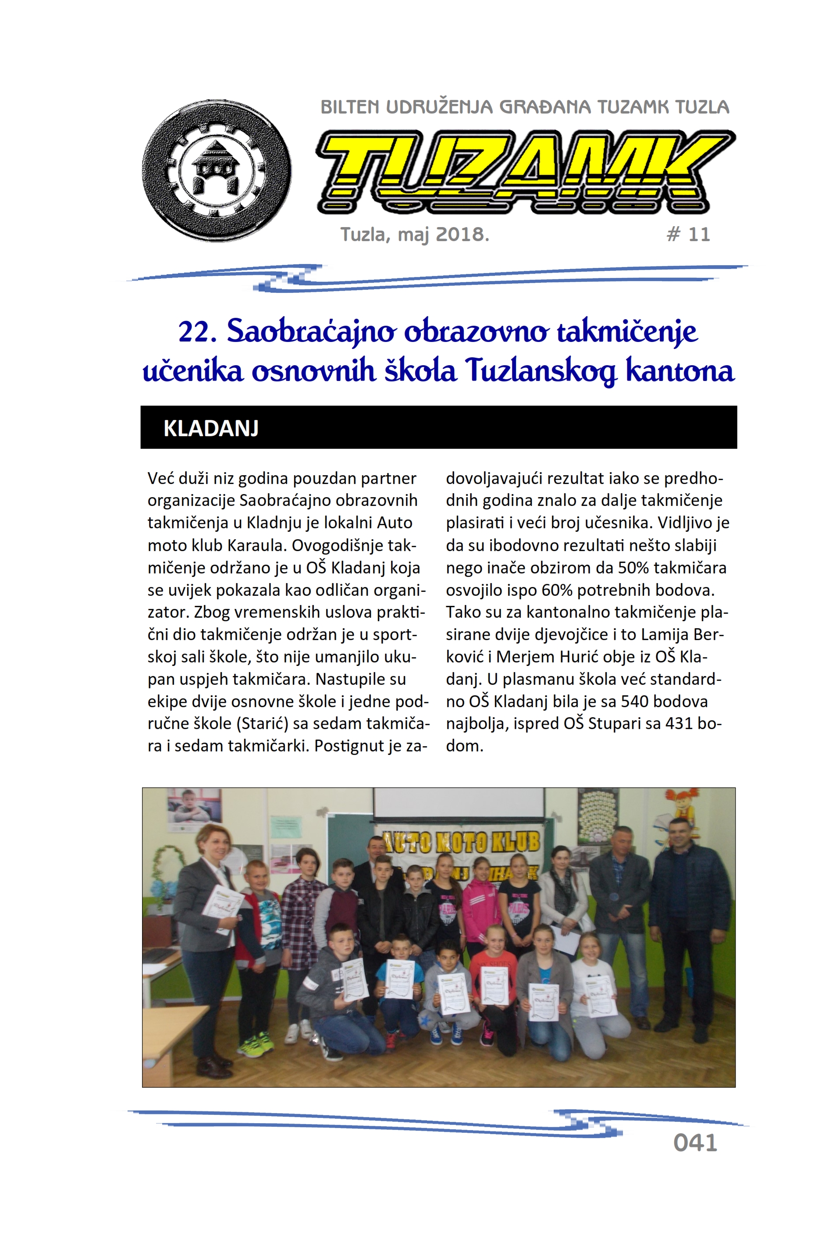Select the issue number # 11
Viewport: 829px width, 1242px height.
(x=688, y=234)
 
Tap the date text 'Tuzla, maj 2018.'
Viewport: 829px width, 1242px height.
(x=415, y=234)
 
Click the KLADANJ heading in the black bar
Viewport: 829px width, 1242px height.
(x=211, y=428)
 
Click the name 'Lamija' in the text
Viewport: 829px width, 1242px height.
(x=662, y=634)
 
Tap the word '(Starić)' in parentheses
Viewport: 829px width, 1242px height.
(x=270, y=724)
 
